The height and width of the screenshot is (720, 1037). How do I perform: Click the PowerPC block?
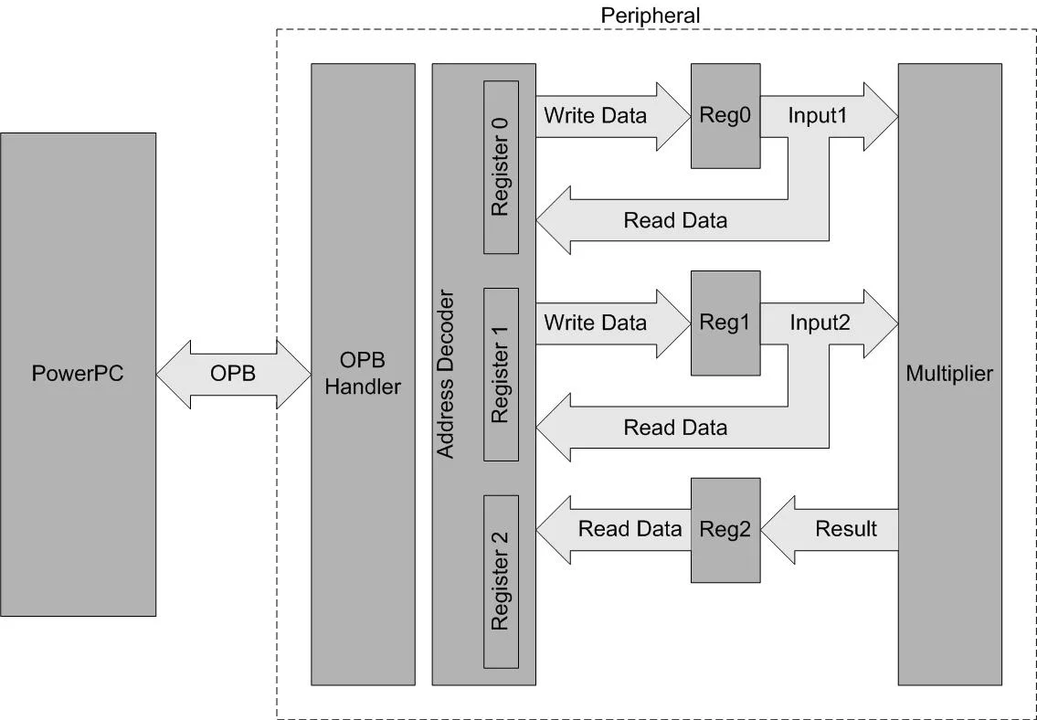coord(78,374)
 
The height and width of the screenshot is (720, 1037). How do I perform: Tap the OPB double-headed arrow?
coord(233,375)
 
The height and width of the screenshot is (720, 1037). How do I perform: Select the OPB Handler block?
coord(363,374)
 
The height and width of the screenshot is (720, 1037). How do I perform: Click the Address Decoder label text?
coord(445,375)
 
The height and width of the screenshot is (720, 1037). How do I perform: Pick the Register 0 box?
coord(501,167)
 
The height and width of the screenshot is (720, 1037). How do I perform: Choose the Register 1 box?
coord(501,375)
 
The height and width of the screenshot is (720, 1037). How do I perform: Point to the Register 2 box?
coord(501,581)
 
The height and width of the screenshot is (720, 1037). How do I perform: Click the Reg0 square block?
coord(725,116)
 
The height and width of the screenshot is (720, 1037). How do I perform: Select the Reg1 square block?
coord(725,323)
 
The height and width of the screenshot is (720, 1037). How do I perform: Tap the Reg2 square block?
coord(725,530)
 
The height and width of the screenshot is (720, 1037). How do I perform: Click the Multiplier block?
coord(949,374)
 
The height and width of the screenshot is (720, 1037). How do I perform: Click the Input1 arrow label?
coord(819,116)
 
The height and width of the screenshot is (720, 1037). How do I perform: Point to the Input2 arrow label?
coord(820,323)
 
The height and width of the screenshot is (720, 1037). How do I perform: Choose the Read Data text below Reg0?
coord(675,220)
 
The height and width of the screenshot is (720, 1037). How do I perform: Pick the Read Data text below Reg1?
coord(675,427)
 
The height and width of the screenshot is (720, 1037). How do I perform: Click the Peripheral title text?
coord(650,16)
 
